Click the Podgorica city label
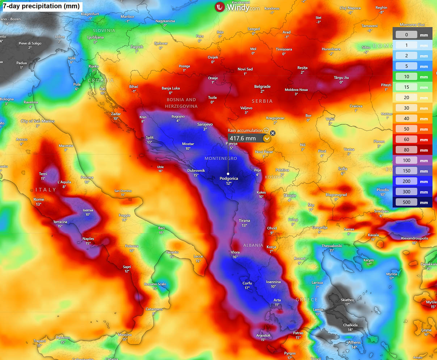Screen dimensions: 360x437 (x=228, y=178)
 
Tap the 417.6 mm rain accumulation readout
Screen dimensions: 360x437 (x=243, y=138)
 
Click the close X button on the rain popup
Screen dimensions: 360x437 (x=273, y=133)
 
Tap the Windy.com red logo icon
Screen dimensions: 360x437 (x=219, y=7)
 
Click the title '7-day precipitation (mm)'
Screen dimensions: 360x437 (x=41, y=6)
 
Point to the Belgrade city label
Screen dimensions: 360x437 (x=262, y=87)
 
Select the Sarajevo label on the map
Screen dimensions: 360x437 (x=205, y=124)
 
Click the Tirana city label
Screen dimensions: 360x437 (x=244, y=220)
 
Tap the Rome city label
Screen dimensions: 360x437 (x=39, y=199)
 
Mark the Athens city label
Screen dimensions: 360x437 (x=354, y=342)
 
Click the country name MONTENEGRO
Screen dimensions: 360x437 (x=220, y=158)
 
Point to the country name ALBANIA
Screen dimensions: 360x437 (x=253, y=245)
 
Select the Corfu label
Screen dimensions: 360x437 (x=247, y=283)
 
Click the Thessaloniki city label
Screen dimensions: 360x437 (x=332, y=246)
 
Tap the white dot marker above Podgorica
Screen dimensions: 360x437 (x=228, y=174)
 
